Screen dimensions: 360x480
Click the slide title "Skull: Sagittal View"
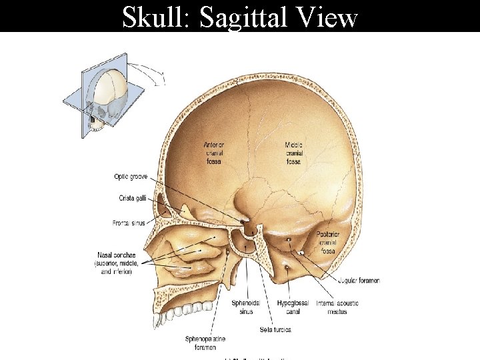(240, 17)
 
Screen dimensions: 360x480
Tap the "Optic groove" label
(131, 177)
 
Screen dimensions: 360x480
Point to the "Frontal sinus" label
(129, 223)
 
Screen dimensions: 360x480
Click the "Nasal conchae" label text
(116, 255)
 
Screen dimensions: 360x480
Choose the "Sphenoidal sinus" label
(242, 307)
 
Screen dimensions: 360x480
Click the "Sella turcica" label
(275, 329)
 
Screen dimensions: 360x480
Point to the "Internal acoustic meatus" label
(337, 307)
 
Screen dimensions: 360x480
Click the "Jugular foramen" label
(359, 281)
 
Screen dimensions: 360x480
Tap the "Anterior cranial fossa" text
(214, 153)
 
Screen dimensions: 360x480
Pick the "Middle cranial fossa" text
(294, 153)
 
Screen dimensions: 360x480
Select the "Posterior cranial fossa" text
(328, 243)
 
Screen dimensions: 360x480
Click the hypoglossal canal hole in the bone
(286, 267)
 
